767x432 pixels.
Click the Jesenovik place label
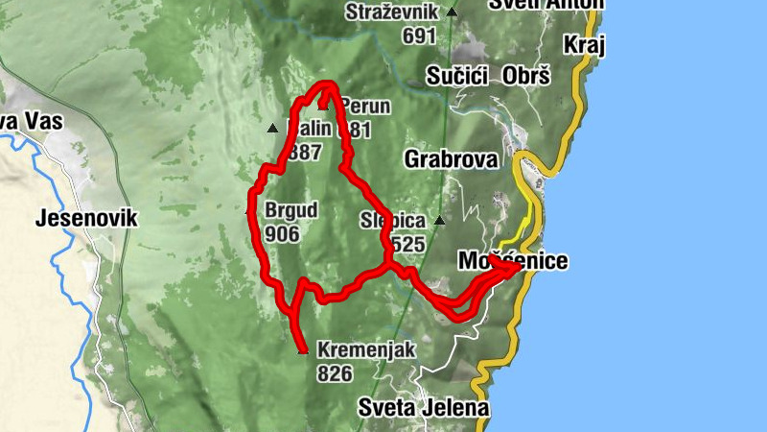85,218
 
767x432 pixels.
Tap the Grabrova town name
452,158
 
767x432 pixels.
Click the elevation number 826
335,373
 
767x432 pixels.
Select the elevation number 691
420,36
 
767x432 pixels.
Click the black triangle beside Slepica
439,221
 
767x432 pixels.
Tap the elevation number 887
304,151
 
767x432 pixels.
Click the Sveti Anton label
546,4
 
